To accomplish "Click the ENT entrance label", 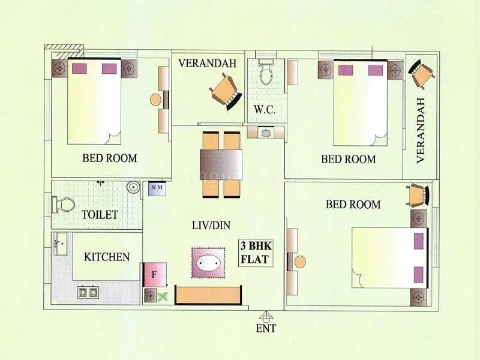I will pos(266,328).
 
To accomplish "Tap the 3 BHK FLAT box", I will pos(254,253).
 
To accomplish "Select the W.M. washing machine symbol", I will pos(157,188).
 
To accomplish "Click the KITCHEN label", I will pos(107,257).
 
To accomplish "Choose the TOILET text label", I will pos(100,214).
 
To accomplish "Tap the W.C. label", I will pos(264,110).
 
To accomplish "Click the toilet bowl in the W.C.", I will pos(265,73).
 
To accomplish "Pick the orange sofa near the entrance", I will pos(208,295).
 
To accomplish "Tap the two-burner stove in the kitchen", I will pos(88,293).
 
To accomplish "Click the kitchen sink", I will pos(60,244).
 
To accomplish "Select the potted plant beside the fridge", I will pos(161,295).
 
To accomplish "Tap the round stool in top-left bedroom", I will pos(155,100).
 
